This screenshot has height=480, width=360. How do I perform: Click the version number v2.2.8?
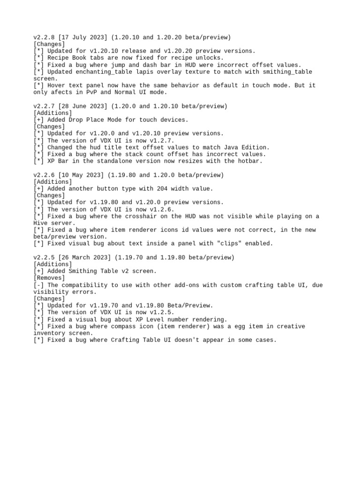coord(44,37)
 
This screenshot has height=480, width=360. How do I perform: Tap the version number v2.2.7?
coord(44,106)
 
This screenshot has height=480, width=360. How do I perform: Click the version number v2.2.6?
coord(44,175)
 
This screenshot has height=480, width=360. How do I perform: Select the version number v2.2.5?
coord(44,257)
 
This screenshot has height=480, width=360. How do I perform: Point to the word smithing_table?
coord(286,72)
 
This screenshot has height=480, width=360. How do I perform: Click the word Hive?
coord(41,223)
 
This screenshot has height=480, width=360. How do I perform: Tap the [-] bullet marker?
coord(39,285)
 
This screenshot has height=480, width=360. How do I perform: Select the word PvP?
coord(106,92)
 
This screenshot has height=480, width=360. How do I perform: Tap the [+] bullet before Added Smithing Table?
coord(39,271)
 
